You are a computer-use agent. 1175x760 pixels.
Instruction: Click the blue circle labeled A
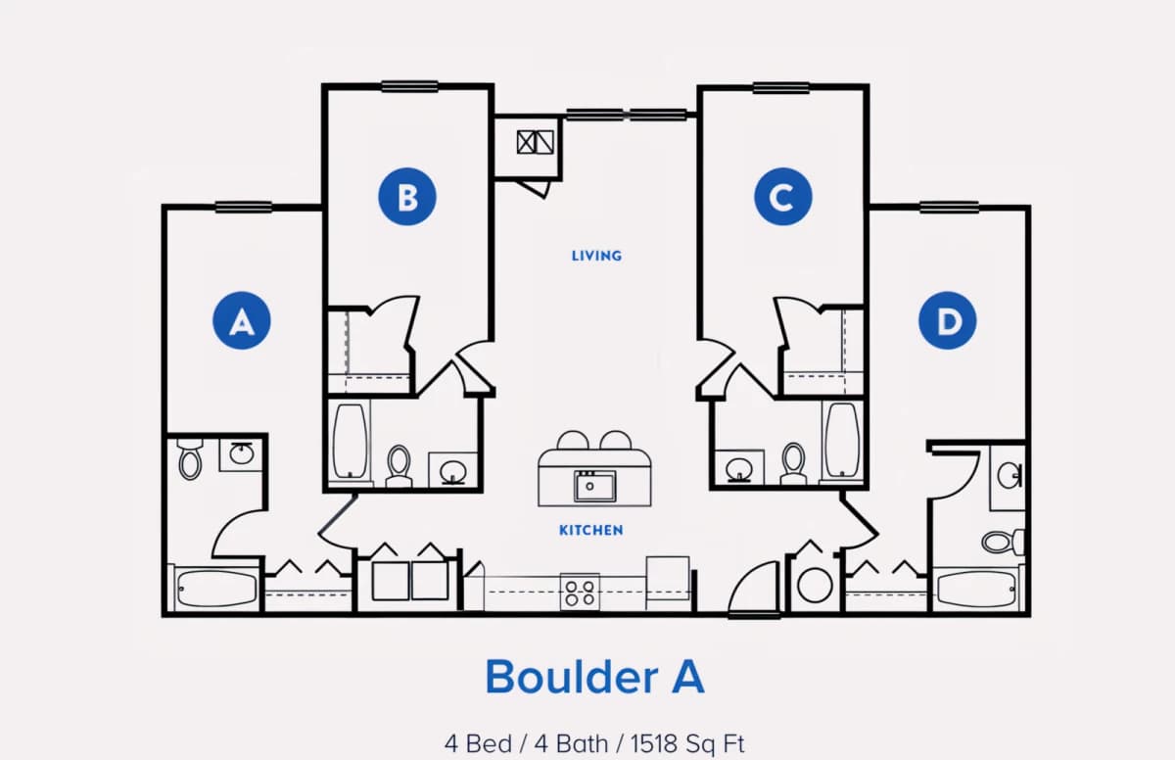242,320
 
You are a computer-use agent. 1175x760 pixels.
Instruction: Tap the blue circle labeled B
407,197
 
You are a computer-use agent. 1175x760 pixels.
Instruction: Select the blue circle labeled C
783,197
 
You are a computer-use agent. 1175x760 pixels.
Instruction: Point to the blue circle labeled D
948,320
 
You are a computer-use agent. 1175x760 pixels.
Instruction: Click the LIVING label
596,256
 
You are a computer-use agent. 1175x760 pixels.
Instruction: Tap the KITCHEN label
591,530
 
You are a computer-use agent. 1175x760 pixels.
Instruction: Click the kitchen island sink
595,486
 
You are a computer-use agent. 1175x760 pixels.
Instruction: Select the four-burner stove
580,593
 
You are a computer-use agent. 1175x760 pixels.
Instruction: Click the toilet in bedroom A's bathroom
190,459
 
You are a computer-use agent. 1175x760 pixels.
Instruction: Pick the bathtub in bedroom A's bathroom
215,588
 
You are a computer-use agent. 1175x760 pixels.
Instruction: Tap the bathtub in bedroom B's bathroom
350,442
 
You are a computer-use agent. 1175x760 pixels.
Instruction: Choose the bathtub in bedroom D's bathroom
977,589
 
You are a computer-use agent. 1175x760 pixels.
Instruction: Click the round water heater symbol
815,585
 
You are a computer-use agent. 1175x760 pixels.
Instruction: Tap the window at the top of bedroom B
409,86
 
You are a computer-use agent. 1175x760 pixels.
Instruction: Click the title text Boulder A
594,677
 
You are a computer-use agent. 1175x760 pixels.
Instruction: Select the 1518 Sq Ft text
687,743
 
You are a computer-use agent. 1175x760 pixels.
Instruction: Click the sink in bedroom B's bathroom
452,470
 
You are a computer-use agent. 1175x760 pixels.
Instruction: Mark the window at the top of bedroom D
949,208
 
